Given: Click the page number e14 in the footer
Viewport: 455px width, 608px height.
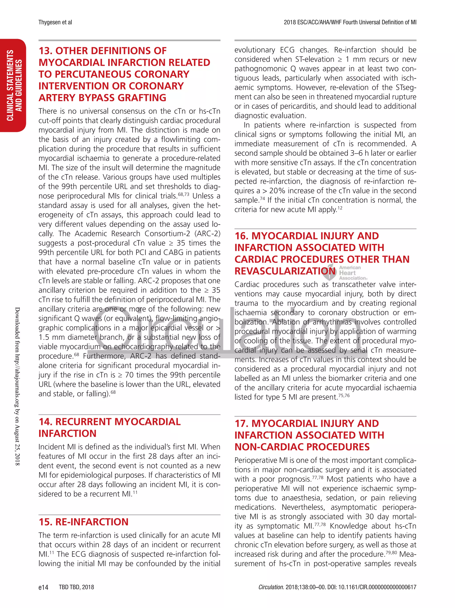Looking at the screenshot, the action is pyautogui.click(x=43, y=587).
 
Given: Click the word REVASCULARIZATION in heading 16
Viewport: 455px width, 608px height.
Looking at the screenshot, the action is pyautogui.click(x=285, y=271).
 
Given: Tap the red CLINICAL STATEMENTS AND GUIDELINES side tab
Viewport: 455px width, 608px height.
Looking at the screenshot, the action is pyautogui.click(x=14, y=85).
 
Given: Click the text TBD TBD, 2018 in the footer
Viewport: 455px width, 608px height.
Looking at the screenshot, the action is pyautogui.click(x=76, y=587).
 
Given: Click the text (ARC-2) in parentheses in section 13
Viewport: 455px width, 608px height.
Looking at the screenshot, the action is pyautogui.click(x=207, y=234).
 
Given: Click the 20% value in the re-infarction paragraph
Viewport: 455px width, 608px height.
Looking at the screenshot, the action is pyautogui.click(x=278, y=191).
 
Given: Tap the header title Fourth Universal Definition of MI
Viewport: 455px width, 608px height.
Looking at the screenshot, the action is pyautogui.click(x=380, y=22).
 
